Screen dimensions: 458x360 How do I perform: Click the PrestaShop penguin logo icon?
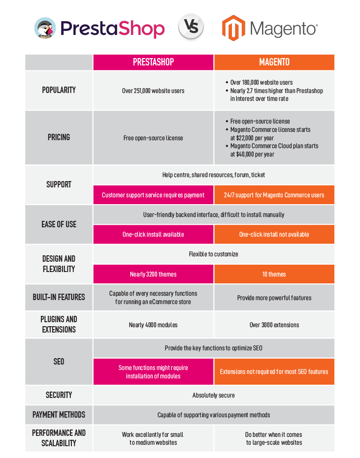(x=45, y=28)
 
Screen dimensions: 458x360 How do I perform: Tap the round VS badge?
(x=191, y=27)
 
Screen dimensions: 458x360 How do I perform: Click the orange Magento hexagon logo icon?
(x=233, y=28)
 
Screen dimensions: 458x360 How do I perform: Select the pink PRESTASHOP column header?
(x=153, y=62)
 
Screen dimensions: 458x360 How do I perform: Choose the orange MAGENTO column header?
(x=274, y=62)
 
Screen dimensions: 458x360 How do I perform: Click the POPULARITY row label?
(x=59, y=90)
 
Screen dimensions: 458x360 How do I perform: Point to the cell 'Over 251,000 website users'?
(x=153, y=91)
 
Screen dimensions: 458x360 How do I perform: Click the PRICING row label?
(x=59, y=137)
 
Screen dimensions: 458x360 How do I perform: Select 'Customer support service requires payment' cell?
(x=153, y=195)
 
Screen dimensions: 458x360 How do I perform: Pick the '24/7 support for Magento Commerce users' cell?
(x=274, y=195)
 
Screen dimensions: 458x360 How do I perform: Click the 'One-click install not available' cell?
(x=274, y=234)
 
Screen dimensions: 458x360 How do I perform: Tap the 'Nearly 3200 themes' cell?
(x=153, y=274)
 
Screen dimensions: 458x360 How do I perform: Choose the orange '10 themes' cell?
(x=274, y=274)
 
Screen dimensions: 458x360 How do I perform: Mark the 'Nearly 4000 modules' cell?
(x=153, y=325)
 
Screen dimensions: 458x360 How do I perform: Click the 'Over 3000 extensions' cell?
(x=274, y=325)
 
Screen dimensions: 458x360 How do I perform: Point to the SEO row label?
(x=59, y=362)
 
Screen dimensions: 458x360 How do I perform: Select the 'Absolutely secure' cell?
(x=214, y=395)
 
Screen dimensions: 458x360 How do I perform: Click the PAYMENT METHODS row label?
(x=59, y=415)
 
